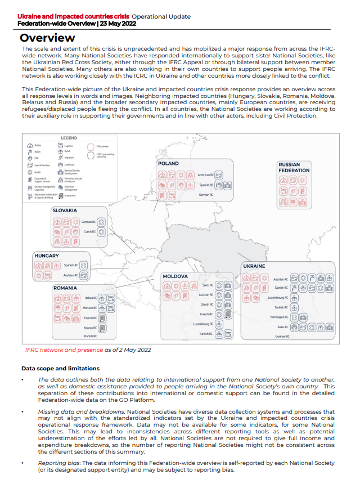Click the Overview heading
tap(47, 38)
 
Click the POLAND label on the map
tap(168, 164)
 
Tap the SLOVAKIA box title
tap(65, 211)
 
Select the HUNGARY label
tap(47, 256)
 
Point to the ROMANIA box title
tap(65, 288)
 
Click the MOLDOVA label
tap(175, 277)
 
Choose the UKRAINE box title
tap(254, 266)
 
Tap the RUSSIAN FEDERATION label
tap(294, 167)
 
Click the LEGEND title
tap(69, 138)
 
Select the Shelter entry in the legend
tap(38, 146)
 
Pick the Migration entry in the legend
tap(69, 158)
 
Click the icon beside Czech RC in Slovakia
tap(101, 232)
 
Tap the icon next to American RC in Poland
tap(219, 175)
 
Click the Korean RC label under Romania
tap(90, 327)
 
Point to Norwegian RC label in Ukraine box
tap(279, 317)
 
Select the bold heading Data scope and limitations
tap(60, 368)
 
